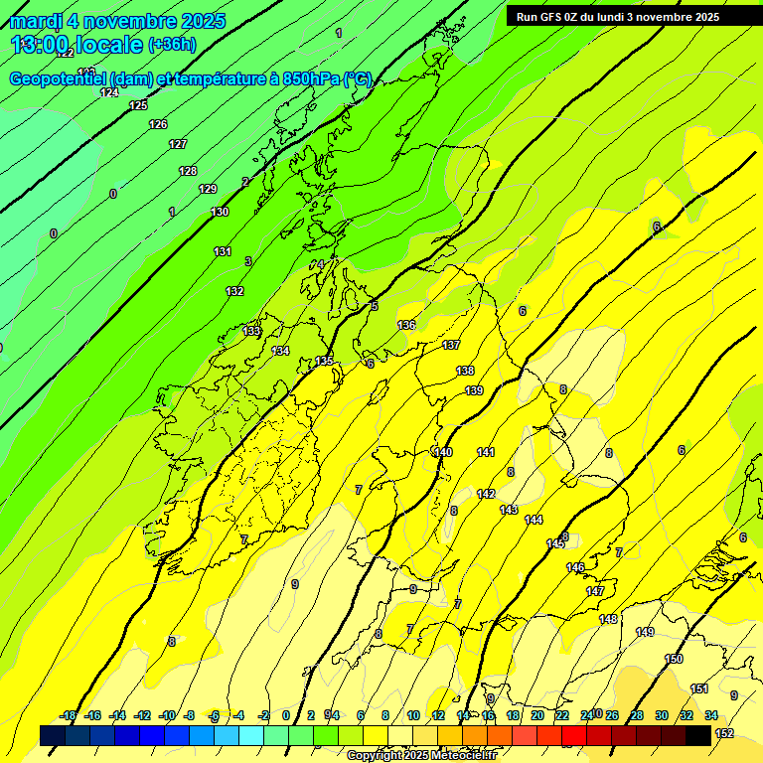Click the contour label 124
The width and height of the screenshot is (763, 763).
109,92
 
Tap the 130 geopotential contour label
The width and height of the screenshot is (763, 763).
220,212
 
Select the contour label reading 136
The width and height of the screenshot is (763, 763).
406,325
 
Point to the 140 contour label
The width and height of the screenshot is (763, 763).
443,452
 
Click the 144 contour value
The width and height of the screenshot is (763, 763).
534,520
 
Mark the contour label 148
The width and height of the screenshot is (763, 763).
608,619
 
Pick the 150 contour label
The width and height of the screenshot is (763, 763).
674,659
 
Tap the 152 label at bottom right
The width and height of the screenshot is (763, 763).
724,733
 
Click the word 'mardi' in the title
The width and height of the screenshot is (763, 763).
37,21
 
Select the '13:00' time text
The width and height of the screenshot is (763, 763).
41,45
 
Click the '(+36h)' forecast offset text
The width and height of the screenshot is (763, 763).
172,45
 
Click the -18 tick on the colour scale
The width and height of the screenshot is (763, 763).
69,715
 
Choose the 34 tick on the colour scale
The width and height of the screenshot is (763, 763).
711,715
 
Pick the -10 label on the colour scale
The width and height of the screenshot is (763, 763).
167,715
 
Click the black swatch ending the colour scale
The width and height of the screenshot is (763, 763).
699,735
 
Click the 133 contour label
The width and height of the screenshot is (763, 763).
251,331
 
